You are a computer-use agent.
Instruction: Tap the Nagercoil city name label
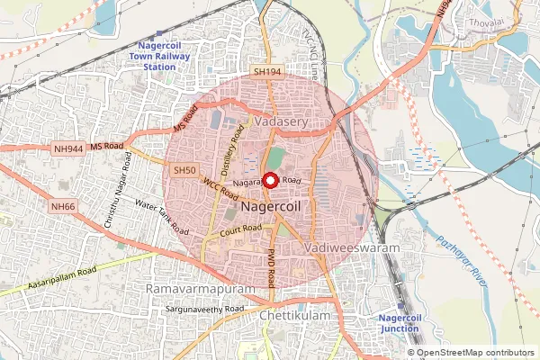click(x=278, y=208)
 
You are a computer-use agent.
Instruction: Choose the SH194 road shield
click(x=267, y=71)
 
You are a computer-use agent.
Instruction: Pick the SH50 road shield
click(x=184, y=169)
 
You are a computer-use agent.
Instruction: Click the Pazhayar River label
click(x=462, y=260)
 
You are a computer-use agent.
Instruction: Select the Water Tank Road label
click(x=163, y=216)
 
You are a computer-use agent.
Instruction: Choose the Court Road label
click(x=240, y=233)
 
